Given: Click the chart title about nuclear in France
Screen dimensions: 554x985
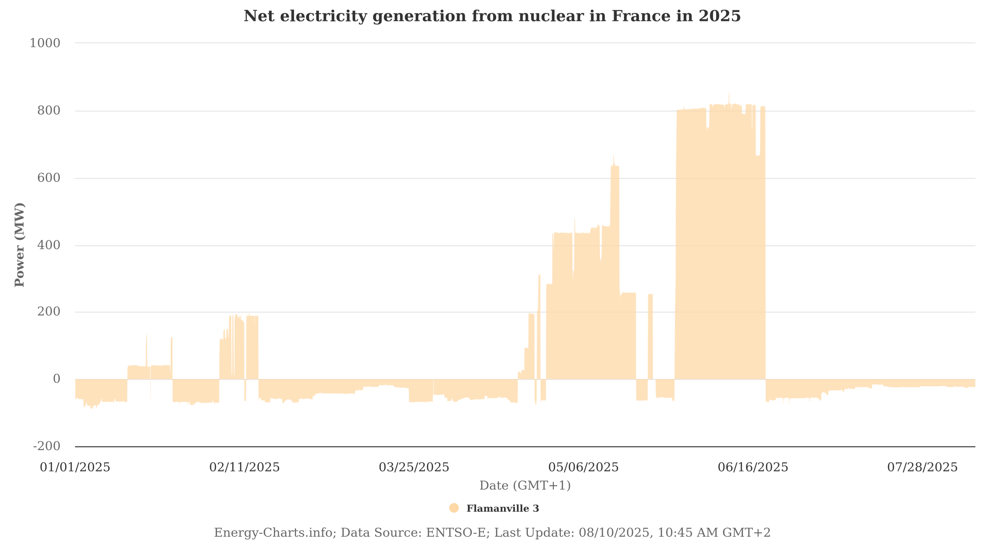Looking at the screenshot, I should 492,16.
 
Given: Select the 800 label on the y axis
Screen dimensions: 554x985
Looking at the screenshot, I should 48,111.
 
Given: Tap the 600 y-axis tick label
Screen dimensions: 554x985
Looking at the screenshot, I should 48,178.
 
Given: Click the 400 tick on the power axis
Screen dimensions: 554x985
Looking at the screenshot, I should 48,245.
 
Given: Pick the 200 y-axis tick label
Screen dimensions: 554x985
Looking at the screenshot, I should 48,312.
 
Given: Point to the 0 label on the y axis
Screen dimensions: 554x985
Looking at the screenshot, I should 56,379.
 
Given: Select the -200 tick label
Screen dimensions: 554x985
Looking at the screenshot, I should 47,447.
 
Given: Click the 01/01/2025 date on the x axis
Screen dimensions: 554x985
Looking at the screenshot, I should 75,468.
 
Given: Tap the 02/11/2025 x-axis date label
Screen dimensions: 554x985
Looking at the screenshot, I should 244,468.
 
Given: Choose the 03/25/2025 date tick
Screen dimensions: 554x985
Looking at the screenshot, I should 414,468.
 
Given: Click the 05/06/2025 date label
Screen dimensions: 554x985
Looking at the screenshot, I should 583,468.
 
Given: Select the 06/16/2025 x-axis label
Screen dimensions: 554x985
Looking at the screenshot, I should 753,468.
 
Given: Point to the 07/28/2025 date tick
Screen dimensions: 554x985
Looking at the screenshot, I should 922,468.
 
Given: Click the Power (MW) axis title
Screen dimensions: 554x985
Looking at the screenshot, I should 19,245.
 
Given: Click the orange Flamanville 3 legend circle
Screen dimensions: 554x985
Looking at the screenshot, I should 454,508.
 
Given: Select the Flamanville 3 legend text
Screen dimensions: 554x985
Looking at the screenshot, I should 503,509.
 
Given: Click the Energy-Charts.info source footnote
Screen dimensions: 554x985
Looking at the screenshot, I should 492,533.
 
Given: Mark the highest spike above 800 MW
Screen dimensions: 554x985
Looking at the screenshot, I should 728,94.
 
